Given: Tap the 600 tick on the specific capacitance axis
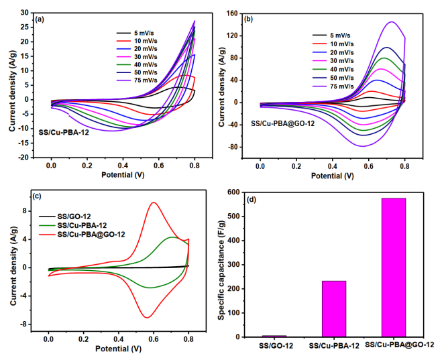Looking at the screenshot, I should [247, 192].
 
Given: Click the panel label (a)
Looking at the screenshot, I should [40, 19].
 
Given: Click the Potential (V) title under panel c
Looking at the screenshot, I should [118, 351].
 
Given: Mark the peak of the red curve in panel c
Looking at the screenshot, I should [154, 202].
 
